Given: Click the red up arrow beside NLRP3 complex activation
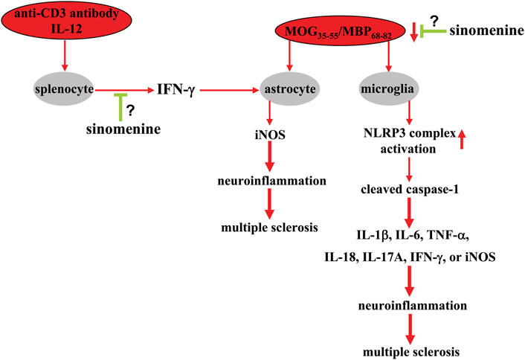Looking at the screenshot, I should pyautogui.click(x=463, y=138).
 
